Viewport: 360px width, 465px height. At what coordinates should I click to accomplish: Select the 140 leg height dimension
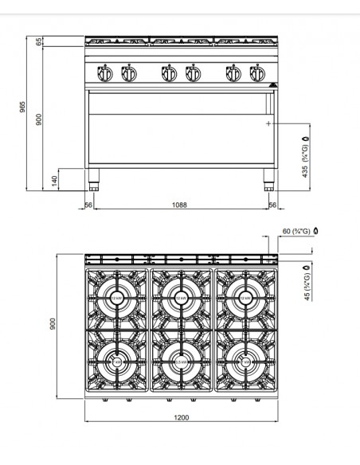(54, 182)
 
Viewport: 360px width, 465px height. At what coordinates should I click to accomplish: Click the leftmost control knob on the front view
(104, 74)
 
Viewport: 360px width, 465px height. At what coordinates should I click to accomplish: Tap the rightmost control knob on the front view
(256, 74)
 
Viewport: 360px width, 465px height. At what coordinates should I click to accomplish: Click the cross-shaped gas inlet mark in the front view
(268, 124)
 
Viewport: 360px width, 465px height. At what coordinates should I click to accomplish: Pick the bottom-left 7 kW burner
(116, 361)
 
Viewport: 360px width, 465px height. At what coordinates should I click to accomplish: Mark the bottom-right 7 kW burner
(244, 361)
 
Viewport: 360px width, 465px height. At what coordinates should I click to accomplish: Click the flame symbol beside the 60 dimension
(315, 231)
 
